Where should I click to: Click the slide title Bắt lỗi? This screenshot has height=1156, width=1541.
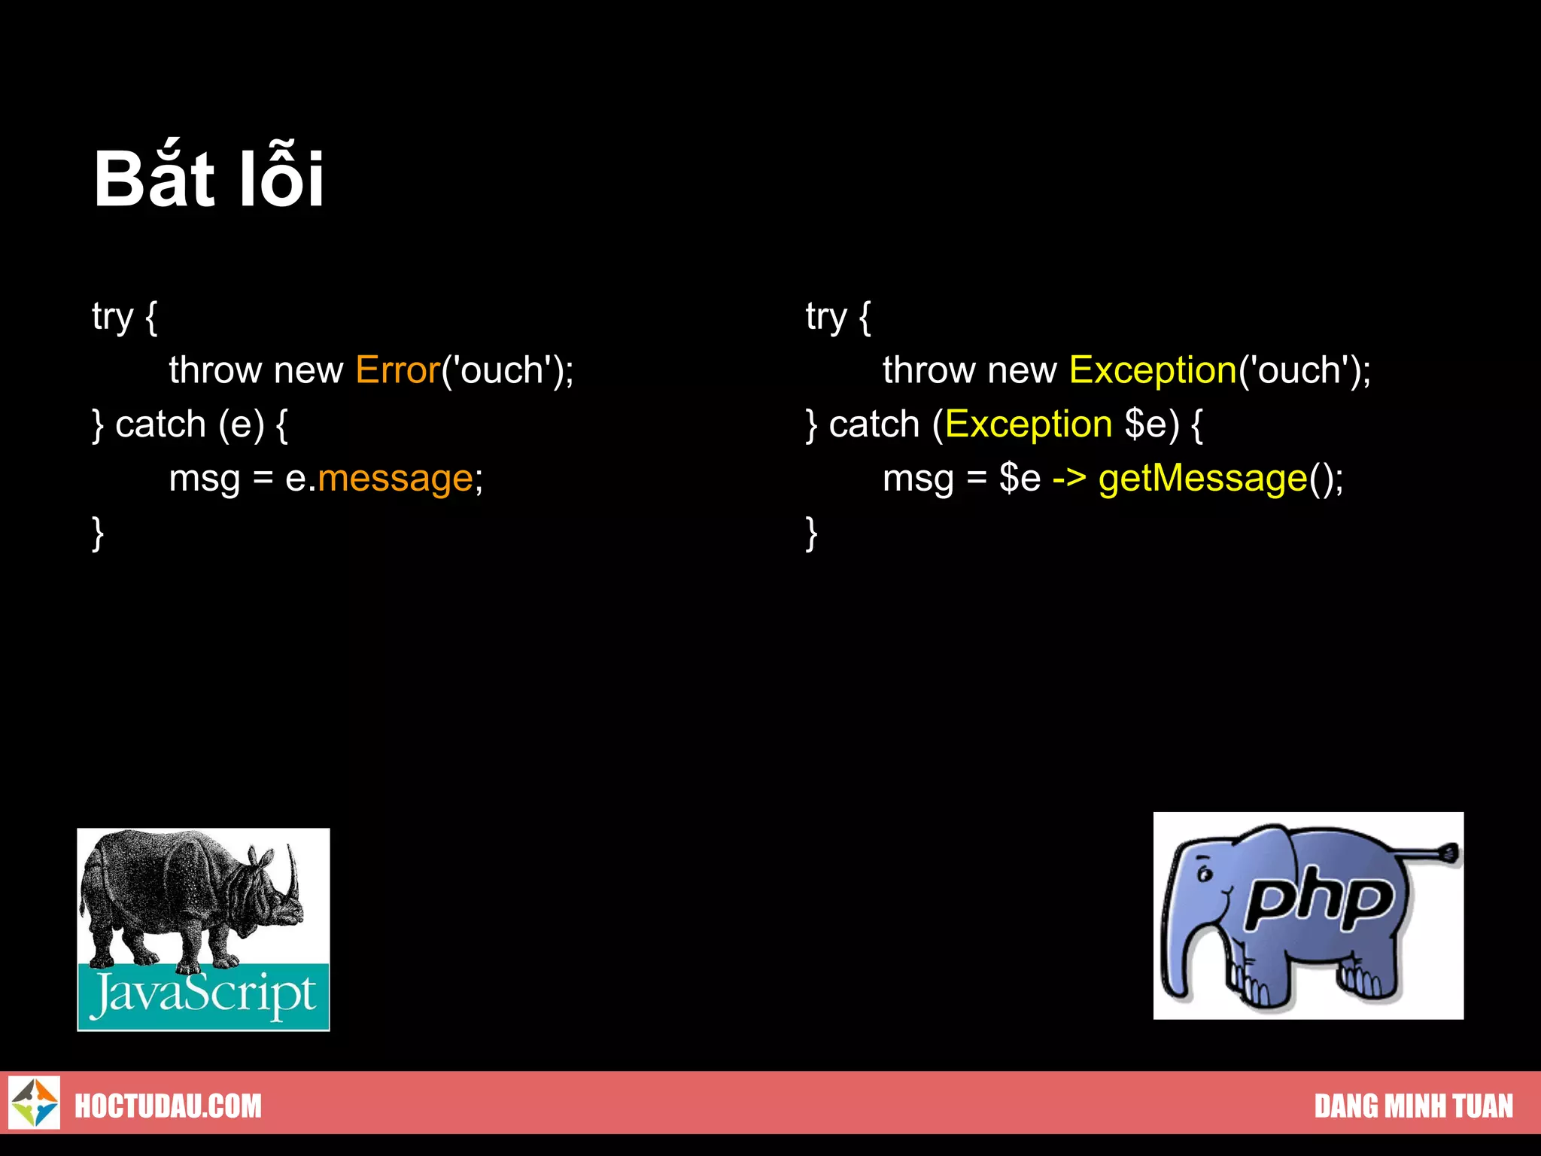click(x=208, y=178)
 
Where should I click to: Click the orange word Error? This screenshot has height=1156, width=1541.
click(x=397, y=370)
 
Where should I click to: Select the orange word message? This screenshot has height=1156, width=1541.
click(x=395, y=479)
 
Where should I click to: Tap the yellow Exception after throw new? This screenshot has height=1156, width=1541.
click(x=1153, y=370)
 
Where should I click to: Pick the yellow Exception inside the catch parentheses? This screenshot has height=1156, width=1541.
click(x=1029, y=424)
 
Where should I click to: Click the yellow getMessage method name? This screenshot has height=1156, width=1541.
click(x=1202, y=479)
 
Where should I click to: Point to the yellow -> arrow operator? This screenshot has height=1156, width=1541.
click(x=1068, y=479)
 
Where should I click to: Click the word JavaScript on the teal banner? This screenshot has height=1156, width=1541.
click(x=203, y=995)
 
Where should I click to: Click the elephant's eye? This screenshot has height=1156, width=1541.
click(x=1205, y=875)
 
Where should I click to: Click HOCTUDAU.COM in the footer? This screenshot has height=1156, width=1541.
click(x=168, y=1106)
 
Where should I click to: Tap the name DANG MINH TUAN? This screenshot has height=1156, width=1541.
click(x=1413, y=1106)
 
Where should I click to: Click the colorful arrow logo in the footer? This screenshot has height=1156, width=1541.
click(x=35, y=1103)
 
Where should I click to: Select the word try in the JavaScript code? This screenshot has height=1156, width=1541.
click(x=112, y=317)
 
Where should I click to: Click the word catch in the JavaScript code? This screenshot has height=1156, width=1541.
click(x=160, y=424)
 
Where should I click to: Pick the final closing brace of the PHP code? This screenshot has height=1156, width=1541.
click(x=811, y=533)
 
